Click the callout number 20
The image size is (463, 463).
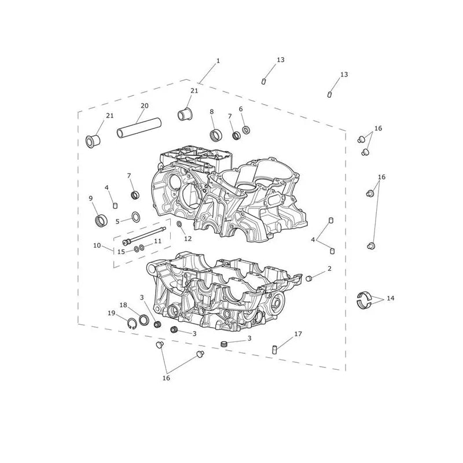(x=144, y=106)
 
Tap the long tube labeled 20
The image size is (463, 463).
(x=139, y=128)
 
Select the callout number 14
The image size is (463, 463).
(x=390, y=298)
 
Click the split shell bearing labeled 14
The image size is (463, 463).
(x=364, y=300)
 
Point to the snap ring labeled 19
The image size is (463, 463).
(x=132, y=324)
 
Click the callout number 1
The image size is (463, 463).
(x=218, y=61)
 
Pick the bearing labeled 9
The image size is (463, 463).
(x=101, y=221)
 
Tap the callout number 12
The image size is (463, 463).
(x=188, y=238)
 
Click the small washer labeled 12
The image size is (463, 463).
(x=179, y=225)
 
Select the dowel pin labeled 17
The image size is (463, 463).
(x=274, y=350)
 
